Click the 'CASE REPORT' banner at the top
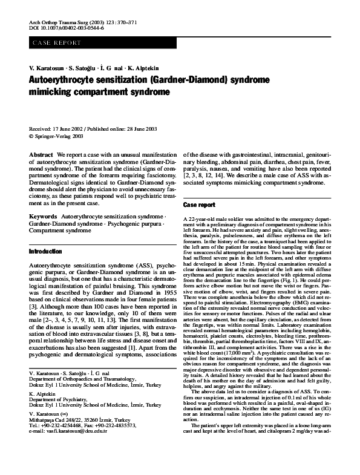coord(54,44)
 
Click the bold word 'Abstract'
coord(41,156)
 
